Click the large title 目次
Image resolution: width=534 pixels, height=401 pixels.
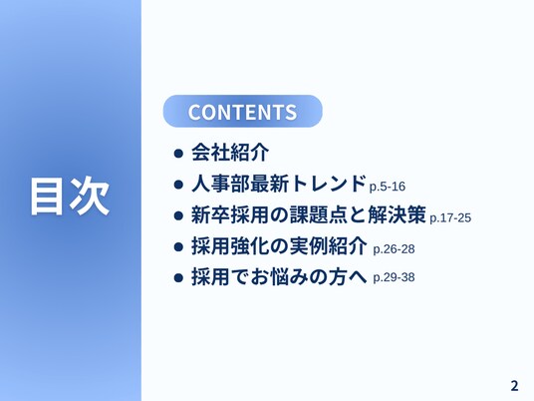pyautogui.click(x=70, y=197)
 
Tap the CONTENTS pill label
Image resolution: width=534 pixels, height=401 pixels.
pyautogui.click(x=242, y=112)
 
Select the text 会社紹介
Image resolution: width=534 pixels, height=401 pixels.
pyautogui.click(x=230, y=153)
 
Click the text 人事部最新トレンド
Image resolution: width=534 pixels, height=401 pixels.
pyautogui.click(x=279, y=184)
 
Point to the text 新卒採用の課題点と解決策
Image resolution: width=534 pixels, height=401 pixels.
pyautogui.click(x=309, y=214)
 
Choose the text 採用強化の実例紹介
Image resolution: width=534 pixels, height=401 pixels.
pyautogui.click(x=279, y=245)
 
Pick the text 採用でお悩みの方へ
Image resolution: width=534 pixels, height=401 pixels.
pyautogui.click(x=279, y=276)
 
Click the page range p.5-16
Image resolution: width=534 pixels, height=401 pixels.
pyautogui.click(x=388, y=187)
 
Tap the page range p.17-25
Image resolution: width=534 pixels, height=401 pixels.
pyautogui.click(x=450, y=217)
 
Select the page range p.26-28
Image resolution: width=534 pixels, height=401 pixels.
pyautogui.click(x=395, y=249)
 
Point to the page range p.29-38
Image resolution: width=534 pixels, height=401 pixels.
pyautogui.click(x=395, y=277)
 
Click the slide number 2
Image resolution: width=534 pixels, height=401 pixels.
pyautogui.click(x=514, y=386)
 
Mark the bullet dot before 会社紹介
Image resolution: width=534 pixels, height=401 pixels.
pyautogui.click(x=178, y=153)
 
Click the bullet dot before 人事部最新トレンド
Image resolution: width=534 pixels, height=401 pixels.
pyautogui.click(x=178, y=185)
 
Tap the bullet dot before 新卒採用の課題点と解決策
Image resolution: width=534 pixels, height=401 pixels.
pyautogui.click(x=178, y=215)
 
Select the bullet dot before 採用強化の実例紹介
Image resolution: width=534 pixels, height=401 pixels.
pyautogui.click(x=178, y=246)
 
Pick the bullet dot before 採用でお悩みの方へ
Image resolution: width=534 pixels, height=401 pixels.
pyautogui.click(x=178, y=277)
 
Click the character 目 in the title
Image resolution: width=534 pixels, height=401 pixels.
pyautogui.click(x=48, y=197)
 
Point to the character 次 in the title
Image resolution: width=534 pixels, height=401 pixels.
pyautogui.click(x=90, y=197)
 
